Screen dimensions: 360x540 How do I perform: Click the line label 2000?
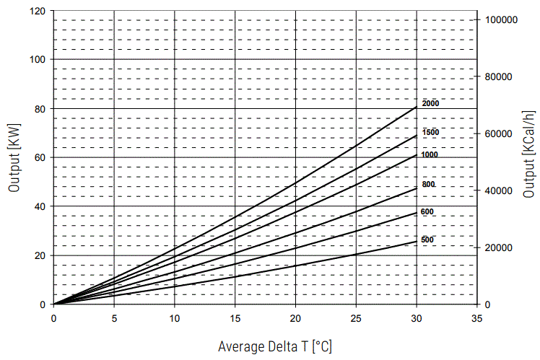pyautogui.click(x=430, y=104)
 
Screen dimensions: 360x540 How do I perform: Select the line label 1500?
pyautogui.click(x=430, y=133)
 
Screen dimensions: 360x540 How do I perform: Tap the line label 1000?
pyautogui.click(x=430, y=155)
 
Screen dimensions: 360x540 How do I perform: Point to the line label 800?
pyautogui.click(x=428, y=185)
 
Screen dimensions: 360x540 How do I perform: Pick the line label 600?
pyautogui.click(x=427, y=211)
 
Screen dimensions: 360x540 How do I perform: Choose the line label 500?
pyautogui.click(x=427, y=240)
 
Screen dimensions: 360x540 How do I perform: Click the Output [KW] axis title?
pyautogui.click(x=14, y=157)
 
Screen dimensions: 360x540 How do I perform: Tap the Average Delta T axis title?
pyautogui.click(x=275, y=346)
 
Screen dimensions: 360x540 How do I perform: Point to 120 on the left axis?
pyautogui.click(x=38, y=12)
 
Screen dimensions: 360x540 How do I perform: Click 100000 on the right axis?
pyautogui.click(x=502, y=20)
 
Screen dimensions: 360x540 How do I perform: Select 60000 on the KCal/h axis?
pyautogui.click(x=500, y=134)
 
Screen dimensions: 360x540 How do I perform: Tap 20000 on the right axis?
pyautogui.click(x=500, y=247)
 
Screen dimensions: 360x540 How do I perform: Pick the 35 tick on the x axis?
pyautogui.click(x=476, y=317)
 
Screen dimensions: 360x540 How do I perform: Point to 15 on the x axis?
pyautogui.click(x=235, y=317)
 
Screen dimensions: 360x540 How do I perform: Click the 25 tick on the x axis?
pyautogui.click(x=355, y=317)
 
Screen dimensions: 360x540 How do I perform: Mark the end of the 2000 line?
pyautogui.click(x=416, y=107)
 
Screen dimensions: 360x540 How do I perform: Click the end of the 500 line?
pyautogui.click(x=416, y=242)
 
